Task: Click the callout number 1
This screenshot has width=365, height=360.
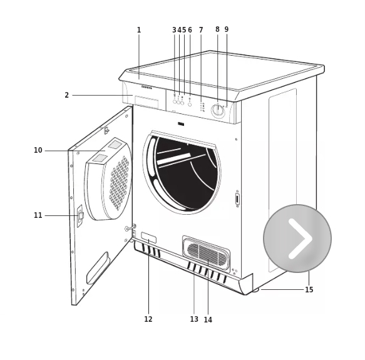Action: coord(139,30)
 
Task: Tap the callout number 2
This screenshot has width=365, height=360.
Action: coord(67,95)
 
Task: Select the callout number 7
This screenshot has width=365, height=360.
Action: coord(201,30)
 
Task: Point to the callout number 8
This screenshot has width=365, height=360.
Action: coord(217,29)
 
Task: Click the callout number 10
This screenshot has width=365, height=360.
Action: coord(38,150)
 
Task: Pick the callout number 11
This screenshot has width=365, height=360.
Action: coord(38,215)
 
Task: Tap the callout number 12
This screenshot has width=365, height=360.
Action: coord(148,319)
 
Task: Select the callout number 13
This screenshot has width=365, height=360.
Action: coord(194,319)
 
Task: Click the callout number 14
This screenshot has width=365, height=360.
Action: coord(208,320)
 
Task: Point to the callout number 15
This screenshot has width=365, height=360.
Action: coord(309,290)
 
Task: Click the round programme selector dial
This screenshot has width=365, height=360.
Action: coord(218,110)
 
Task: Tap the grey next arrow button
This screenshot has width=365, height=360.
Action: coord(297,239)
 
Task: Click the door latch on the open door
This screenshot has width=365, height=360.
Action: coord(80,216)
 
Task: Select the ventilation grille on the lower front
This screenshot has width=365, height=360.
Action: coord(206,253)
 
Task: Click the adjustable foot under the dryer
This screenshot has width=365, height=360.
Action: coord(255,290)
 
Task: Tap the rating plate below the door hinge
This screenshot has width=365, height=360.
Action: coord(148,238)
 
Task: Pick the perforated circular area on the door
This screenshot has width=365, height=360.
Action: coord(119,183)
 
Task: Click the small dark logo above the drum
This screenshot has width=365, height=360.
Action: coord(181,125)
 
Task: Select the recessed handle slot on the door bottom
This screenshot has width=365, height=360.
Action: coord(98,268)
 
